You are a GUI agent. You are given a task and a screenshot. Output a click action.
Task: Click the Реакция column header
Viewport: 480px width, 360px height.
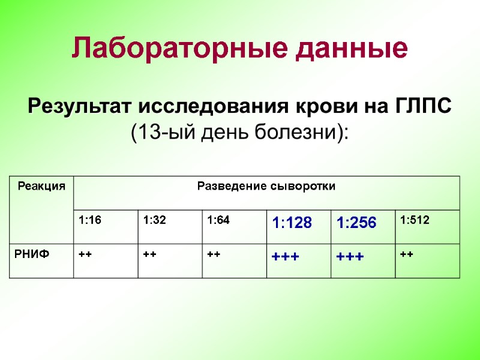(41, 187)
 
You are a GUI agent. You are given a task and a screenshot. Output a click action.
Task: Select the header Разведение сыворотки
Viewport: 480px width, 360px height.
(266, 186)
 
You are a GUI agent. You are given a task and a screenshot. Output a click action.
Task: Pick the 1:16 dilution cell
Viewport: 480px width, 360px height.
(90, 220)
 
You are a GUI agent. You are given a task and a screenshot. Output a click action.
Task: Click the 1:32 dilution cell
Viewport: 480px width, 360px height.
(155, 220)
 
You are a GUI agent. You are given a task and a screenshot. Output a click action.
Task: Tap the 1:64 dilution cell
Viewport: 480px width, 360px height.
(218, 220)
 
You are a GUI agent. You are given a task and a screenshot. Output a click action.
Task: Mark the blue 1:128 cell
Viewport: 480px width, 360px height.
(292, 224)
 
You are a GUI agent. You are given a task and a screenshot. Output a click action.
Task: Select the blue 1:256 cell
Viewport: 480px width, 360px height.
(356, 224)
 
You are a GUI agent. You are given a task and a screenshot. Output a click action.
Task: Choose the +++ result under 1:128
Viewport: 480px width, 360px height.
(286, 257)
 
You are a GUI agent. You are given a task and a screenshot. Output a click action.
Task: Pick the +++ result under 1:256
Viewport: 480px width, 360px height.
(350, 257)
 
